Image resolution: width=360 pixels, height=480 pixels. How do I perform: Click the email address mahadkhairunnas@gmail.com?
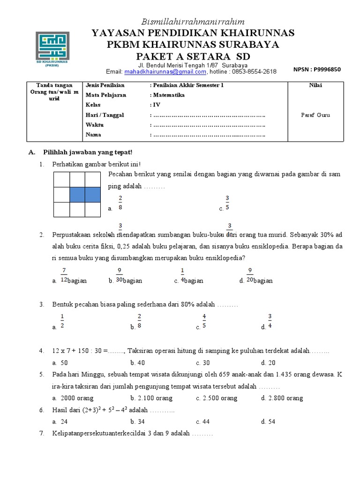click(x=165, y=72)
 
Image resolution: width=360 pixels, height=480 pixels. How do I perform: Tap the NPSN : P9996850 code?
click(x=317, y=69)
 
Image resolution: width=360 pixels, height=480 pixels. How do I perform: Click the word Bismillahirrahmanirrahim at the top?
click(x=193, y=22)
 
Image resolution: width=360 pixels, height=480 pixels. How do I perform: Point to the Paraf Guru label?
click(x=315, y=115)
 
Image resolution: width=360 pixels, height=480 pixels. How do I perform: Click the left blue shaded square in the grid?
click(x=77, y=195)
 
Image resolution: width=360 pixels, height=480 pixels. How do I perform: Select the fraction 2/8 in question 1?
click(x=120, y=202)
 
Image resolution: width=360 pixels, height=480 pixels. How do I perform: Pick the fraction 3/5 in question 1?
click(x=227, y=202)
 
